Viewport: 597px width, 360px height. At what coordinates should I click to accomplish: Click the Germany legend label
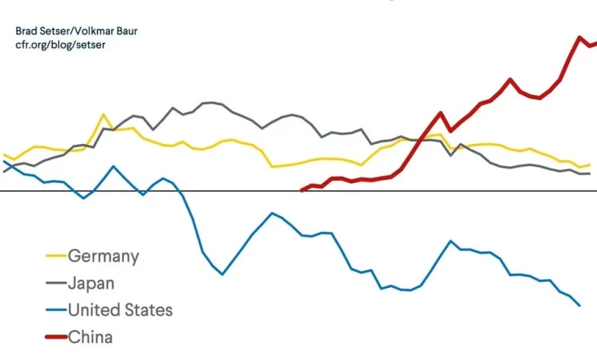coord(103,257)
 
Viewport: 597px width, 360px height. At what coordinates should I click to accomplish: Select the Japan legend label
coord(91,283)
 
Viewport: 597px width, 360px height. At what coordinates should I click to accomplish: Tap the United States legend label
coord(120,310)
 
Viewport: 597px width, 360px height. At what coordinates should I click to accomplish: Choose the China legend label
coord(90,337)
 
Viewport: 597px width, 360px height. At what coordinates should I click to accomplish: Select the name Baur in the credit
coord(125,31)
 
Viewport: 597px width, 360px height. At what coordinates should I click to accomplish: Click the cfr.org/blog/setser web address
coord(60,44)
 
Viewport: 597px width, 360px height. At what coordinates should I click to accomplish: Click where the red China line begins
coord(302,190)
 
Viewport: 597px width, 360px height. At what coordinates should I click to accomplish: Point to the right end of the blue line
coord(580,306)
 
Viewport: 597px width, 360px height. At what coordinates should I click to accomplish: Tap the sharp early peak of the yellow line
coord(103,114)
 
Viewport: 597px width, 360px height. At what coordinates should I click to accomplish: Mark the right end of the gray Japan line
coord(589,174)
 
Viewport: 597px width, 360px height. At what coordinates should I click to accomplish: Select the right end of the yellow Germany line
coord(589,165)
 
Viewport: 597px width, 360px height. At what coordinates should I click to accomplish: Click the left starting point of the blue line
coord(4,161)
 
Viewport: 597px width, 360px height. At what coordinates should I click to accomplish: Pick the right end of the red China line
coord(595,42)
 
